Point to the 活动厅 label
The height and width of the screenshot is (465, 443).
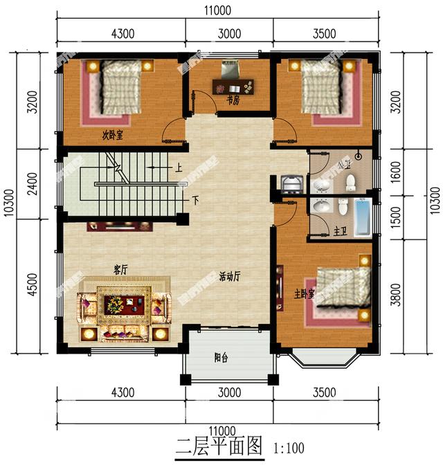click(229, 276)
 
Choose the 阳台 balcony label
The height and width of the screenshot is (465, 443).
click(221, 358)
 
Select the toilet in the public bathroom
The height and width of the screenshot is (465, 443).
click(350, 182)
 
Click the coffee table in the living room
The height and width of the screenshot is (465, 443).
click(125, 303)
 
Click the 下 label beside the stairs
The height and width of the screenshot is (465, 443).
click(195, 201)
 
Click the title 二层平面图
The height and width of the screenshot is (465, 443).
click(221, 446)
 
